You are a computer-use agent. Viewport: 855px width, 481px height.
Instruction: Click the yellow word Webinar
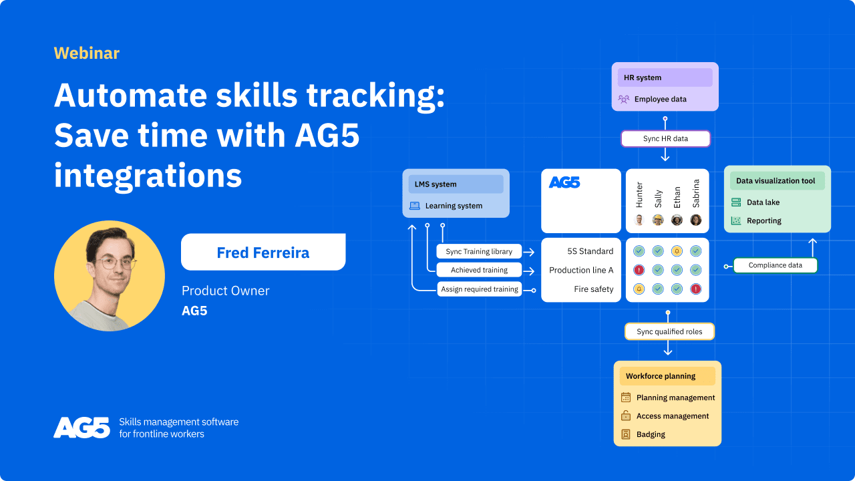86,53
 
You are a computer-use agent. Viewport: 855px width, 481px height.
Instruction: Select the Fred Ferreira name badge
263,252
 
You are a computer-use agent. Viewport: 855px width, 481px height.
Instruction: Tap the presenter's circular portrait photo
110,276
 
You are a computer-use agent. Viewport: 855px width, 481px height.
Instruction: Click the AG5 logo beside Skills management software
81,428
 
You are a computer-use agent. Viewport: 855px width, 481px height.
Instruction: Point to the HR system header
665,77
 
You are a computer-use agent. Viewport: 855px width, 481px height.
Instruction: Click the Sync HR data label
665,138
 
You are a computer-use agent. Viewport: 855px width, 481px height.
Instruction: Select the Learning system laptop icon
415,206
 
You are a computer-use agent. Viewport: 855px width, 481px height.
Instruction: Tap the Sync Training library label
479,251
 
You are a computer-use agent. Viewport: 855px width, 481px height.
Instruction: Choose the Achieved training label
479,270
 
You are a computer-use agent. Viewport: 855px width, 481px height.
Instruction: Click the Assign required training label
479,289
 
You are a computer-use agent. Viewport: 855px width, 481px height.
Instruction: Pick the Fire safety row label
593,289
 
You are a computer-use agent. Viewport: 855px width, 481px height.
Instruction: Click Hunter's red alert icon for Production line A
639,270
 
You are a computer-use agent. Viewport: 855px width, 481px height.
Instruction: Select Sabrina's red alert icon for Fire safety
695,289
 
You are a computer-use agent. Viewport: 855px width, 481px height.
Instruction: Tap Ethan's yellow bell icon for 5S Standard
677,251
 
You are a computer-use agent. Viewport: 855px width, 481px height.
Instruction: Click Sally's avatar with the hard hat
658,220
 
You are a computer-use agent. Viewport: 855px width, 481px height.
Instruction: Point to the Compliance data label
775,265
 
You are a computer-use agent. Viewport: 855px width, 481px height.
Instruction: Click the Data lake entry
763,202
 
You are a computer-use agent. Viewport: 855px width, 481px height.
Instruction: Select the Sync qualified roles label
669,331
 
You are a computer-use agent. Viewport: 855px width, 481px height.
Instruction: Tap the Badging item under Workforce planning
651,434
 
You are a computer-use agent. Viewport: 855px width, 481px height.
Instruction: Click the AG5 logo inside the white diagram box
564,182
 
